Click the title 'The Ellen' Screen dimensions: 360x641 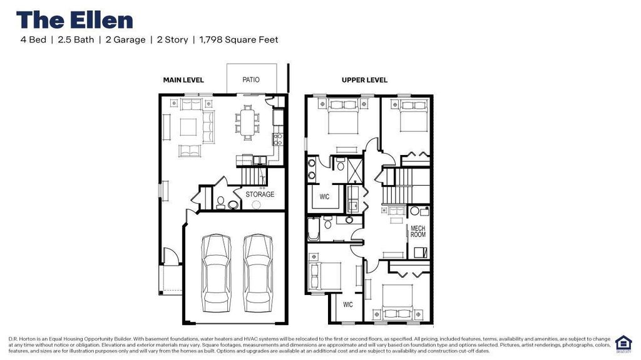click(x=74, y=20)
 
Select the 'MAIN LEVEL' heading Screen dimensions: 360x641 click(x=183, y=80)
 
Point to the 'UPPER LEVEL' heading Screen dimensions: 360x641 click(x=364, y=80)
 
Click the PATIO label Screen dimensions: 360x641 click(x=250, y=80)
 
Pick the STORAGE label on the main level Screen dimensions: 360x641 click(x=260, y=194)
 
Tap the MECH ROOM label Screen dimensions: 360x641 click(x=418, y=232)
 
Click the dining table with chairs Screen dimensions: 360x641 click(x=248, y=122)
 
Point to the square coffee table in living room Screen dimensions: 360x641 click(x=189, y=127)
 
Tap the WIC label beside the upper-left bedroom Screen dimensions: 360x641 click(x=326, y=197)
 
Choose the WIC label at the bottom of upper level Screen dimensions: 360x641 click(x=347, y=304)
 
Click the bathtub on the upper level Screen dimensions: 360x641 click(x=313, y=229)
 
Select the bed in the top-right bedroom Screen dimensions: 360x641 click(x=413, y=116)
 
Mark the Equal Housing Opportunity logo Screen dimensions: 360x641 click(x=623, y=342)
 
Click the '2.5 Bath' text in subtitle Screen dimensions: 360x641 click(x=76, y=40)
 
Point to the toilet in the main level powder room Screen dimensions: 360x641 click(x=220, y=202)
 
